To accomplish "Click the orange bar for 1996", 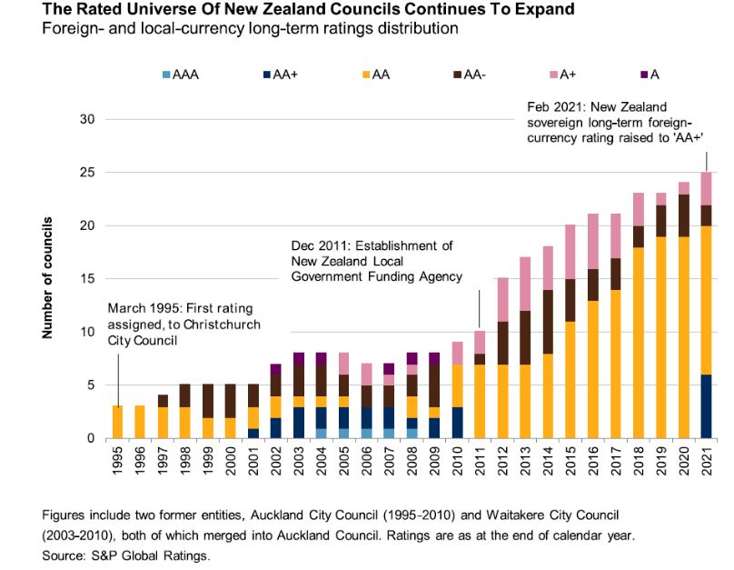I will (x=140, y=422).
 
